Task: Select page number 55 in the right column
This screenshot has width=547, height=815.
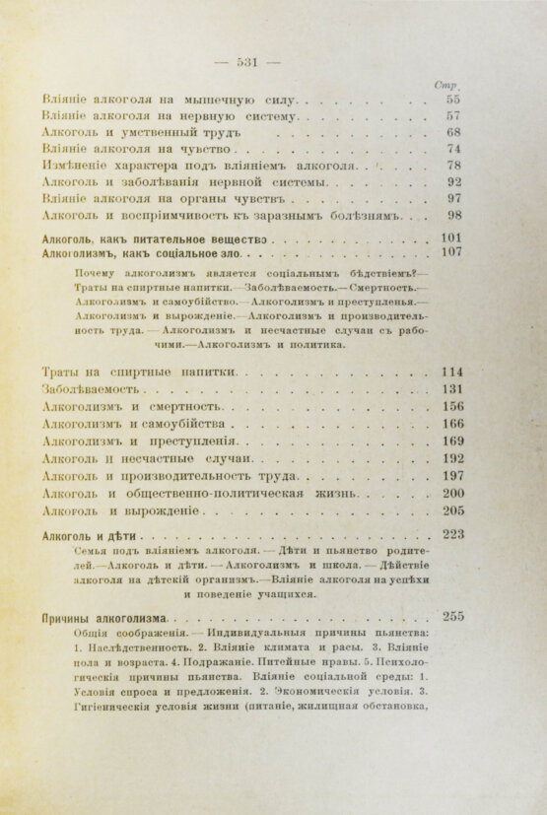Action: tap(453, 101)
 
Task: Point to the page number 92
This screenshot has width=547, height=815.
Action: tap(454, 181)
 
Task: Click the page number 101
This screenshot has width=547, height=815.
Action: tap(452, 238)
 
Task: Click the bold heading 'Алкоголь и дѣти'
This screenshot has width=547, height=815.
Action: tap(95, 534)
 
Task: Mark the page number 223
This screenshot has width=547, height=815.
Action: tap(452, 534)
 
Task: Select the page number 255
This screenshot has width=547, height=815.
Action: tap(452, 617)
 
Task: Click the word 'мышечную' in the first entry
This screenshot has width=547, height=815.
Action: tap(221, 101)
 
